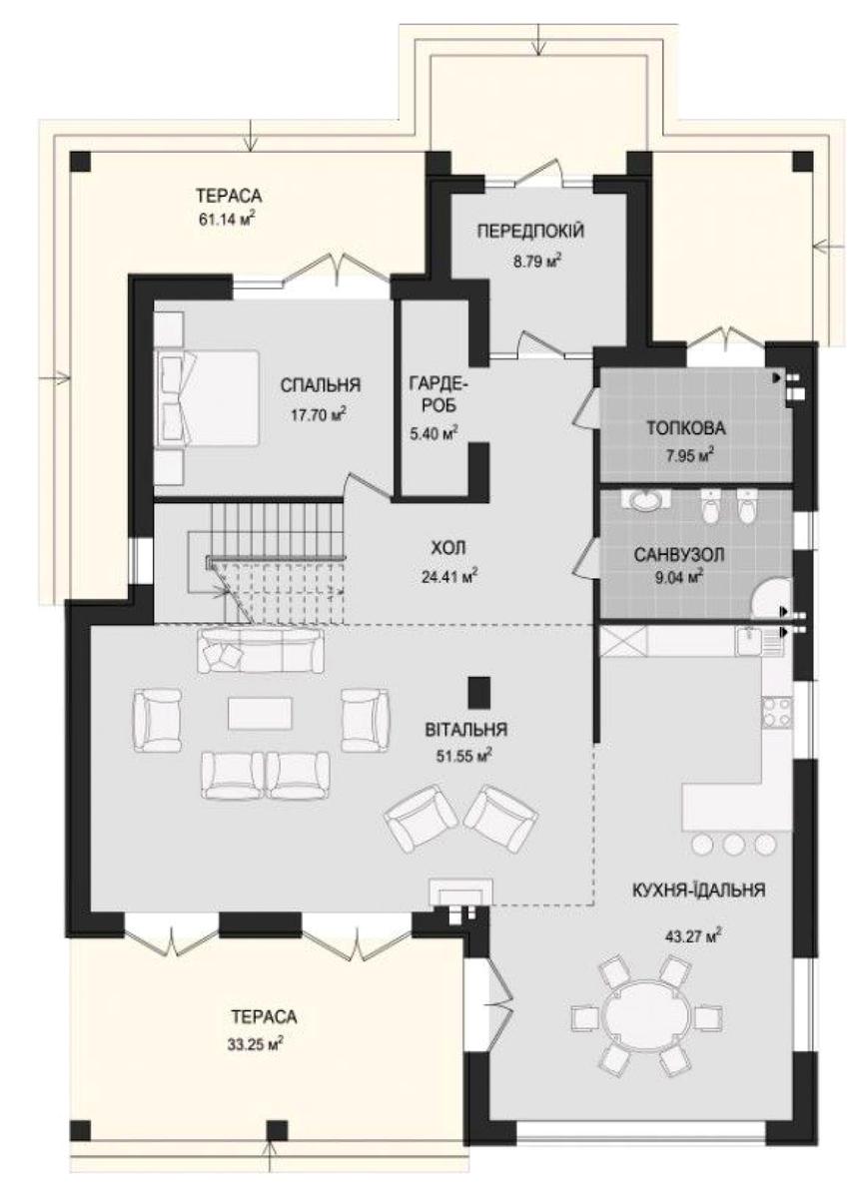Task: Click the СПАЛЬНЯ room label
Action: click(321, 385)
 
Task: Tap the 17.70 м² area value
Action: click(320, 414)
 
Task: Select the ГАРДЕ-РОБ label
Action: click(433, 394)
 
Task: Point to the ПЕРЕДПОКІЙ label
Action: click(530, 232)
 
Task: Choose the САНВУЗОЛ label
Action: click(679, 555)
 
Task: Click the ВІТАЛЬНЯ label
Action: click(465, 730)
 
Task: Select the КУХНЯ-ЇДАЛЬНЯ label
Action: click(699, 891)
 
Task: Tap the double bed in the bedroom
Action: click(207, 398)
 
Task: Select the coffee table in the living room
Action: click(261, 714)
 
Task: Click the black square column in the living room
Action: click(479, 692)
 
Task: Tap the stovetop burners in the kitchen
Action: click(777, 713)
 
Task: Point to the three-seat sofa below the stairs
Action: click(262, 651)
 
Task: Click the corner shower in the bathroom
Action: click(771, 597)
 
